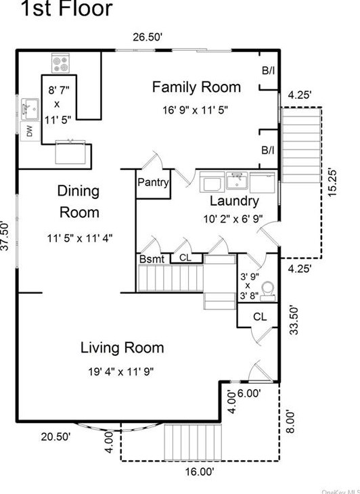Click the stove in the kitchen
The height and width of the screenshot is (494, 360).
[x=60, y=63]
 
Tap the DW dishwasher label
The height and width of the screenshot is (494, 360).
[x=30, y=132]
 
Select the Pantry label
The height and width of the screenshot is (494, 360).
[x=153, y=183]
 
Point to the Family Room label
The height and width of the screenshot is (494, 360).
[x=196, y=87]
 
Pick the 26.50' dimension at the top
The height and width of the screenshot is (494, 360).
[x=148, y=37]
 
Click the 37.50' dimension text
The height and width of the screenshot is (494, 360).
[x=5, y=235]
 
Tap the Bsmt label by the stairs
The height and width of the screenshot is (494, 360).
[x=152, y=259]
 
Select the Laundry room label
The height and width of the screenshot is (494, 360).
[x=234, y=201]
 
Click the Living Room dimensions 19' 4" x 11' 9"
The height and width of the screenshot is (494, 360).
[x=121, y=372]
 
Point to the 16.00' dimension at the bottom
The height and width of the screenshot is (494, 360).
[x=200, y=472]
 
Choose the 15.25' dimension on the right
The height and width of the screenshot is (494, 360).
[x=332, y=183]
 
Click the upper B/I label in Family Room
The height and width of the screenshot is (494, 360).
[x=269, y=70]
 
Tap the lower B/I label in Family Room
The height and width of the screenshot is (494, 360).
[x=268, y=150]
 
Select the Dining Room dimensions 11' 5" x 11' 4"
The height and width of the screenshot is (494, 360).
[x=80, y=238]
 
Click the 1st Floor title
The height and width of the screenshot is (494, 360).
[x=66, y=8]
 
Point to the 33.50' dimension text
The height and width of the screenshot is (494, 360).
[x=294, y=320]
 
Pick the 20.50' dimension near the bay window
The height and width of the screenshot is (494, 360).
[x=55, y=436]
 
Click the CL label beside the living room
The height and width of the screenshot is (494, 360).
[x=260, y=316]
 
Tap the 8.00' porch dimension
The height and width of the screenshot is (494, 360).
[x=290, y=422]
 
